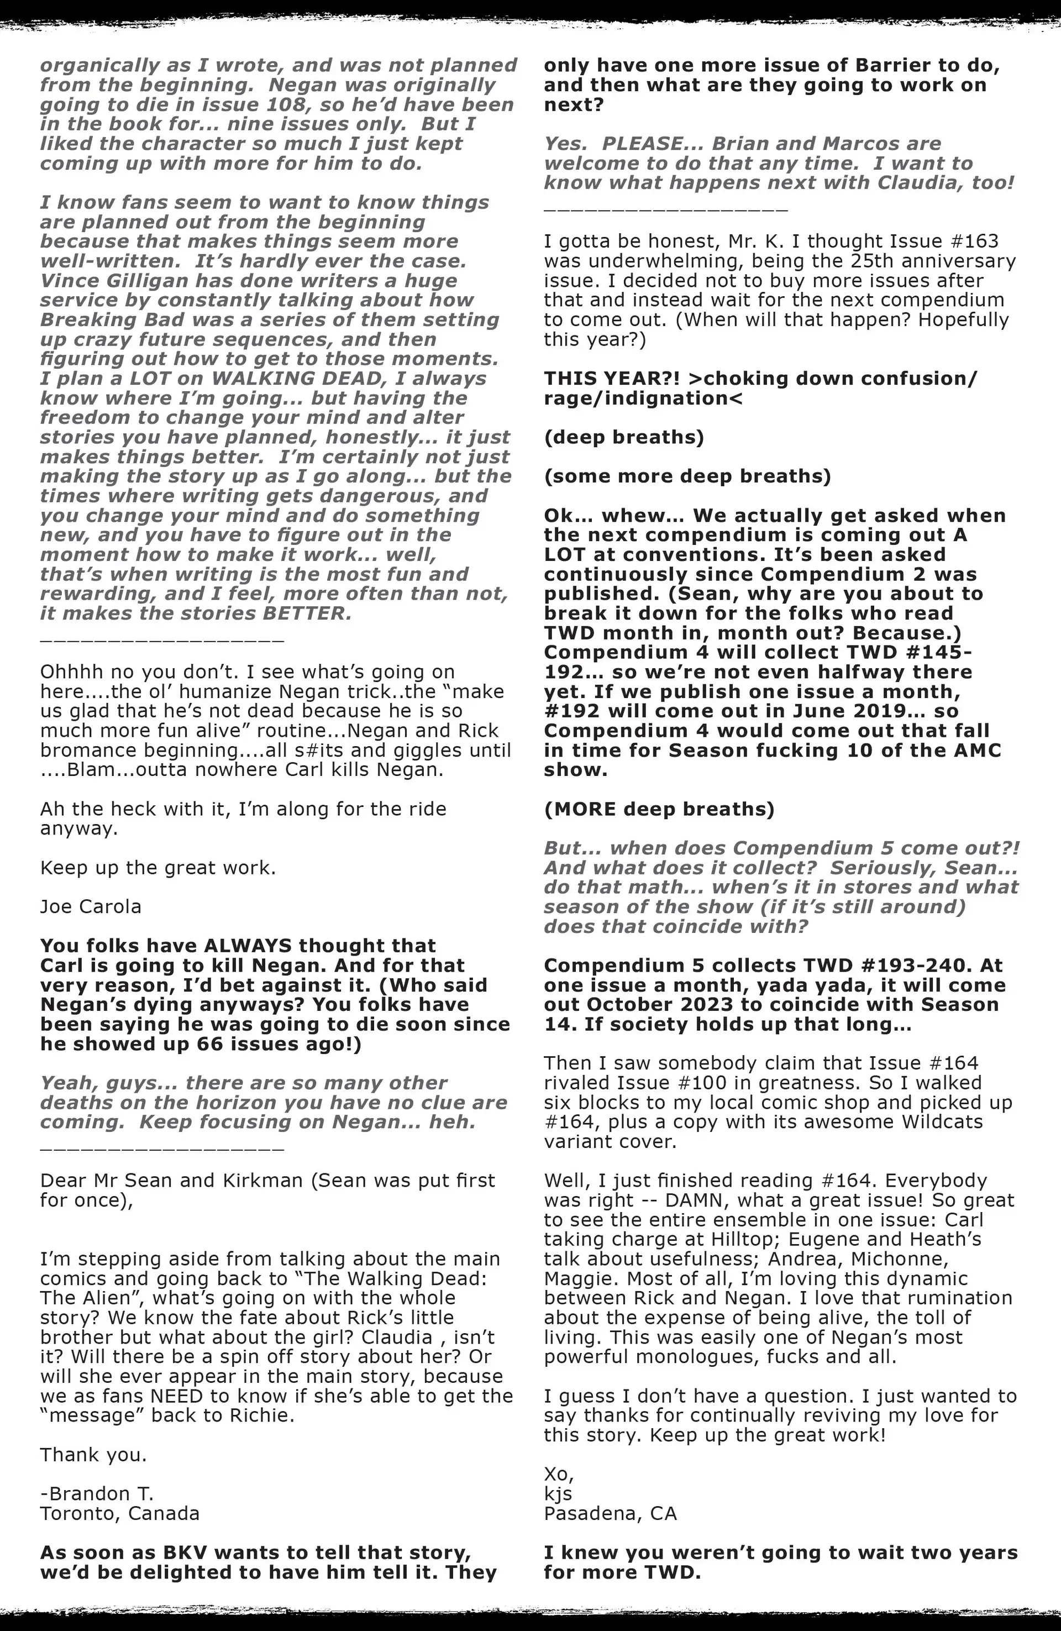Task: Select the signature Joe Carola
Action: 91,906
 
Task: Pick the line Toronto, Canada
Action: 120,1513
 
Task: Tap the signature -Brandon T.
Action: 97,1493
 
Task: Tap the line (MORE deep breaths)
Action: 659,809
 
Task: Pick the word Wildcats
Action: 922,1122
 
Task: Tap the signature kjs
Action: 558,1493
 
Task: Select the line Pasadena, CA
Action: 610,1513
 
